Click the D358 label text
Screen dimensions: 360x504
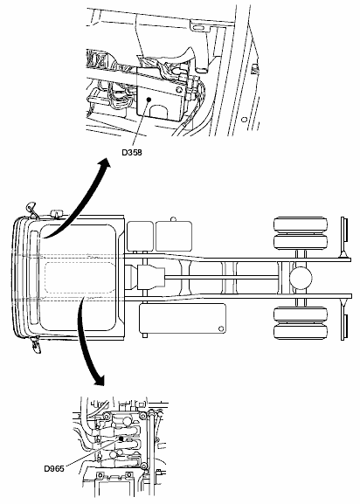click(132, 152)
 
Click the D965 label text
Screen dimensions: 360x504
click(54, 468)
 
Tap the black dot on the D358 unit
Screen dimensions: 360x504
click(149, 100)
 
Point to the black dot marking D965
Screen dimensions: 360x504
click(121, 438)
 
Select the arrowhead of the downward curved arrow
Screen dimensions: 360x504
click(98, 380)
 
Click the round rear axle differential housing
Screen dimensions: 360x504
click(301, 278)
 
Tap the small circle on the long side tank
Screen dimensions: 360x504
click(221, 328)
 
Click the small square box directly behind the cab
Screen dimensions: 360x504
click(140, 236)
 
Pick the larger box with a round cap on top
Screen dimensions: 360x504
click(174, 236)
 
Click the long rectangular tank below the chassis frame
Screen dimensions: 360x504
click(183, 319)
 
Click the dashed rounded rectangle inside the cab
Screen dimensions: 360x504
click(80, 278)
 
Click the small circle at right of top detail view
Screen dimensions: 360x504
click(245, 120)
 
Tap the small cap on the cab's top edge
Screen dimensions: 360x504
click(57, 214)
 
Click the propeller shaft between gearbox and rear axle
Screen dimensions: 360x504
click(221, 278)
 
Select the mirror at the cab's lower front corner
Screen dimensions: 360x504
click(37, 344)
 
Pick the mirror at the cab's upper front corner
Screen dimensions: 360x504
click(31, 209)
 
